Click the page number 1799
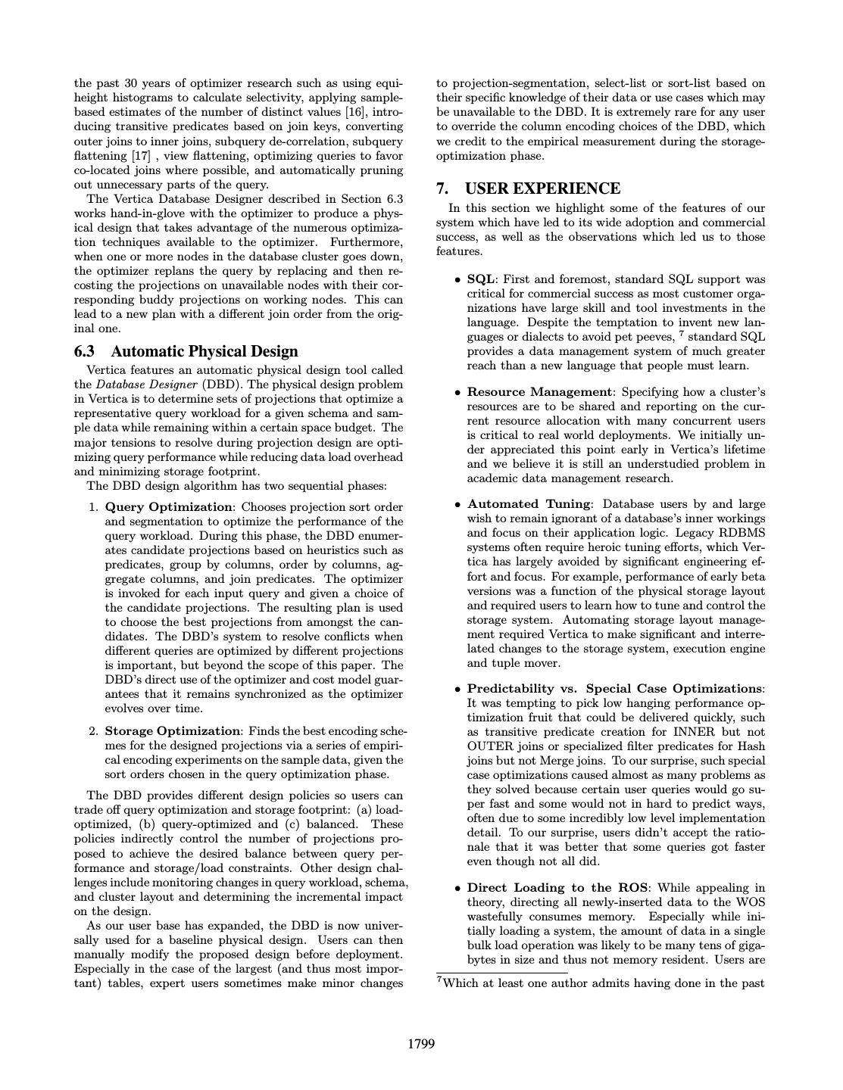point(421,1045)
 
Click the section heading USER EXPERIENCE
point(542,188)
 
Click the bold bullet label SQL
point(481,279)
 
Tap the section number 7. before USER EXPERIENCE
point(443,188)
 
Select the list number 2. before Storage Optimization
point(94,731)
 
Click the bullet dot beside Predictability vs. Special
point(457,690)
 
